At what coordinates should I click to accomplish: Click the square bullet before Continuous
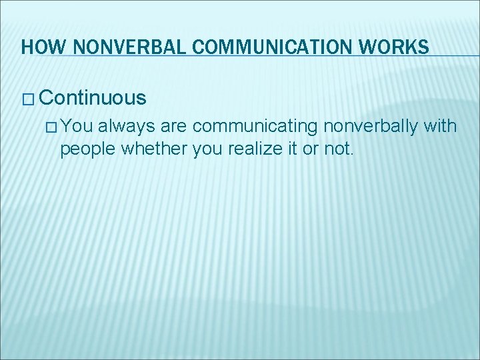click(x=28, y=99)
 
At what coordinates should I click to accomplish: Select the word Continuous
click(x=92, y=98)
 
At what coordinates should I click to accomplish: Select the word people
click(x=86, y=149)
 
